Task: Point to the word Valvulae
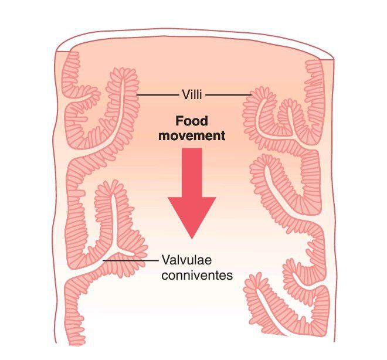(x=185, y=259)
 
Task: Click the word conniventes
(x=196, y=274)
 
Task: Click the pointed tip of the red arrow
(x=192, y=236)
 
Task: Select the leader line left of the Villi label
(x=157, y=94)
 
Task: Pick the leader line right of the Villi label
(x=229, y=94)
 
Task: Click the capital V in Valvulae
(x=165, y=259)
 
